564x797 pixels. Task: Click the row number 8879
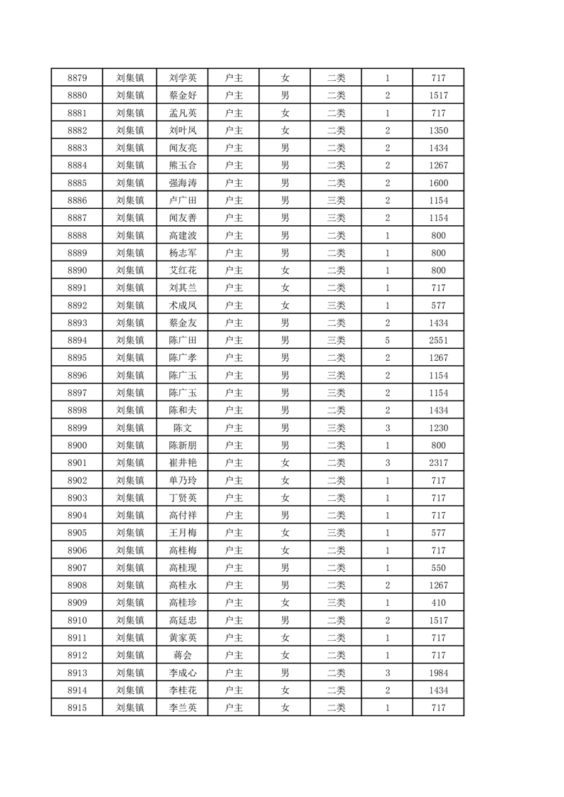pos(77,78)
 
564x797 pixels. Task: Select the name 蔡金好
pos(183,96)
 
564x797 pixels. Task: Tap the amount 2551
pos(438,341)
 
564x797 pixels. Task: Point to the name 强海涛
pos(183,183)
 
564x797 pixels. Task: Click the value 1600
pos(438,183)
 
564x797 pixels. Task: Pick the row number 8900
pos(77,445)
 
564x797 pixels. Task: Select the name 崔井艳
pos(183,463)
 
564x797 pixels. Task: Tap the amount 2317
pos(438,463)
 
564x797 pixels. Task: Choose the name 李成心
pos(183,673)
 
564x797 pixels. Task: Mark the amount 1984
pos(438,673)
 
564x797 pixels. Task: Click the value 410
pos(438,603)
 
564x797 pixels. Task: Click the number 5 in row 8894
pos(388,341)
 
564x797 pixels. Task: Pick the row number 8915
pos(77,708)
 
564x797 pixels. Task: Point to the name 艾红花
pos(183,271)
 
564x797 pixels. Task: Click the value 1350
pos(438,131)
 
